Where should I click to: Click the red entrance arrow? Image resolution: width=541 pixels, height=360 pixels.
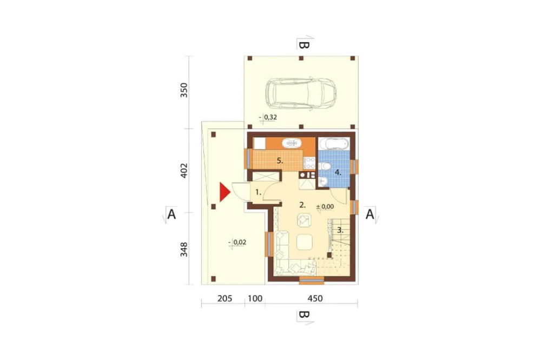(x=225, y=192)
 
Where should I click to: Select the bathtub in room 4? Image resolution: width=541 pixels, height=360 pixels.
(x=333, y=143)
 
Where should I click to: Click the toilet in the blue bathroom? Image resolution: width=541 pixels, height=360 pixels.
(x=325, y=166)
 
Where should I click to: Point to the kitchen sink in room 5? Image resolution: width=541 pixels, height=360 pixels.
(x=292, y=143)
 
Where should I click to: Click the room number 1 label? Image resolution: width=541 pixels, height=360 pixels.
(x=259, y=192)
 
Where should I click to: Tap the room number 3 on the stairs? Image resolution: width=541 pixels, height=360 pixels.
(x=340, y=230)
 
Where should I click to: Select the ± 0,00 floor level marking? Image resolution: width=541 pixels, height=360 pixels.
(x=325, y=206)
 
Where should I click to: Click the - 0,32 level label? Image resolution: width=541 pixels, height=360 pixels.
(x=268, y=117)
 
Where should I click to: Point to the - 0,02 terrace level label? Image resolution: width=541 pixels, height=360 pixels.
(x=237, y=242)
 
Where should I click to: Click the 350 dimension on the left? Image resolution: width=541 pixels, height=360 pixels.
(x=184, y=90)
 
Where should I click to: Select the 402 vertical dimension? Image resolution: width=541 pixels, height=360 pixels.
(x=184, y=170)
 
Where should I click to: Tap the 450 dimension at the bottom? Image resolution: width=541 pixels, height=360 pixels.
(x=315, y=298)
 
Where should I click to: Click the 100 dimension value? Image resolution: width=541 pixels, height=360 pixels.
(x=255, y=298)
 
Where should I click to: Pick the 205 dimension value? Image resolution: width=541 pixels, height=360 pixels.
(x=225, y=298)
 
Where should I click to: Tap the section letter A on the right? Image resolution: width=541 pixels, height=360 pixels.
(x=370, y=215)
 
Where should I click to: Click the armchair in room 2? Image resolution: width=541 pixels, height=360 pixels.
(x=304, y=221)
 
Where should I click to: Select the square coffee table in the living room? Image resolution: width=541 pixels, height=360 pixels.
(x=304, y=242)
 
